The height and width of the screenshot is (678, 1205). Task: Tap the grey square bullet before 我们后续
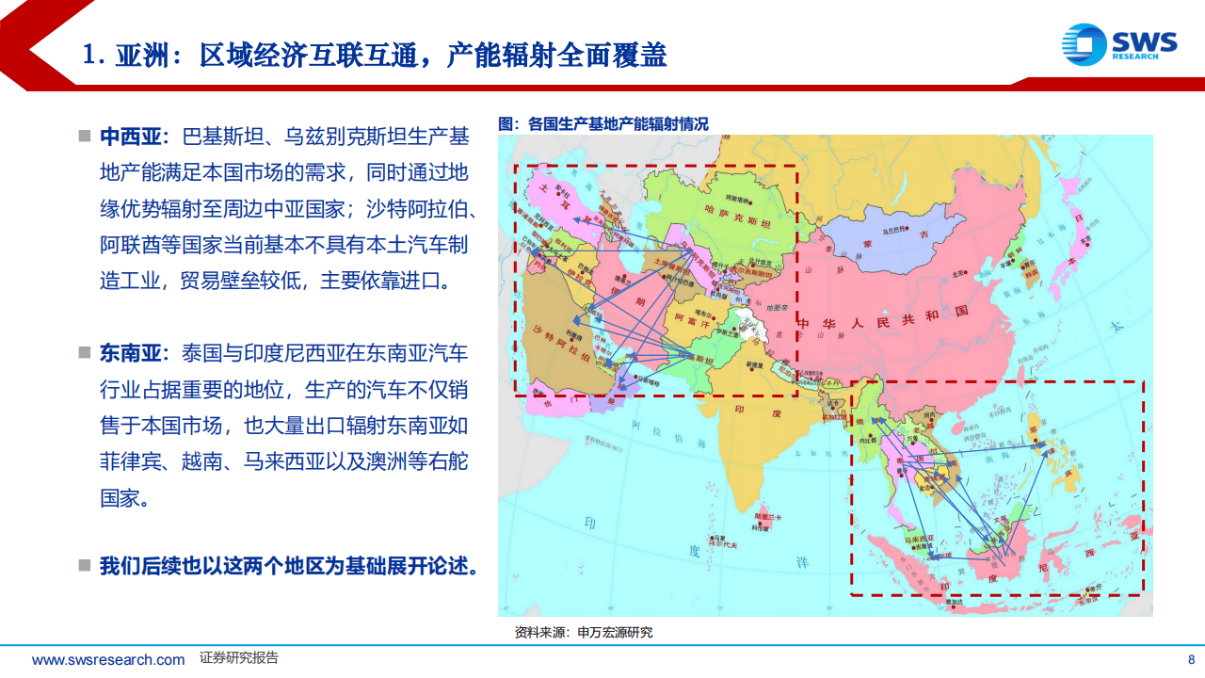click(x=85, y=566)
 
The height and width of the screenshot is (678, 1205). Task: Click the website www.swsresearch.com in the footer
click(x=108, y=659)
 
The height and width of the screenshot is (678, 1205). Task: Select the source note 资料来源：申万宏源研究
click(x=584, y=632)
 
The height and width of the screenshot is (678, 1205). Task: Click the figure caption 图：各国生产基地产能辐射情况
click(x=602, y=123)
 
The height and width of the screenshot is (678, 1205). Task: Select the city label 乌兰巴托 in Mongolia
click(x=893, y=229)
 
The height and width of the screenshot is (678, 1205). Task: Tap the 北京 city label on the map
click(x=958, y=276)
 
